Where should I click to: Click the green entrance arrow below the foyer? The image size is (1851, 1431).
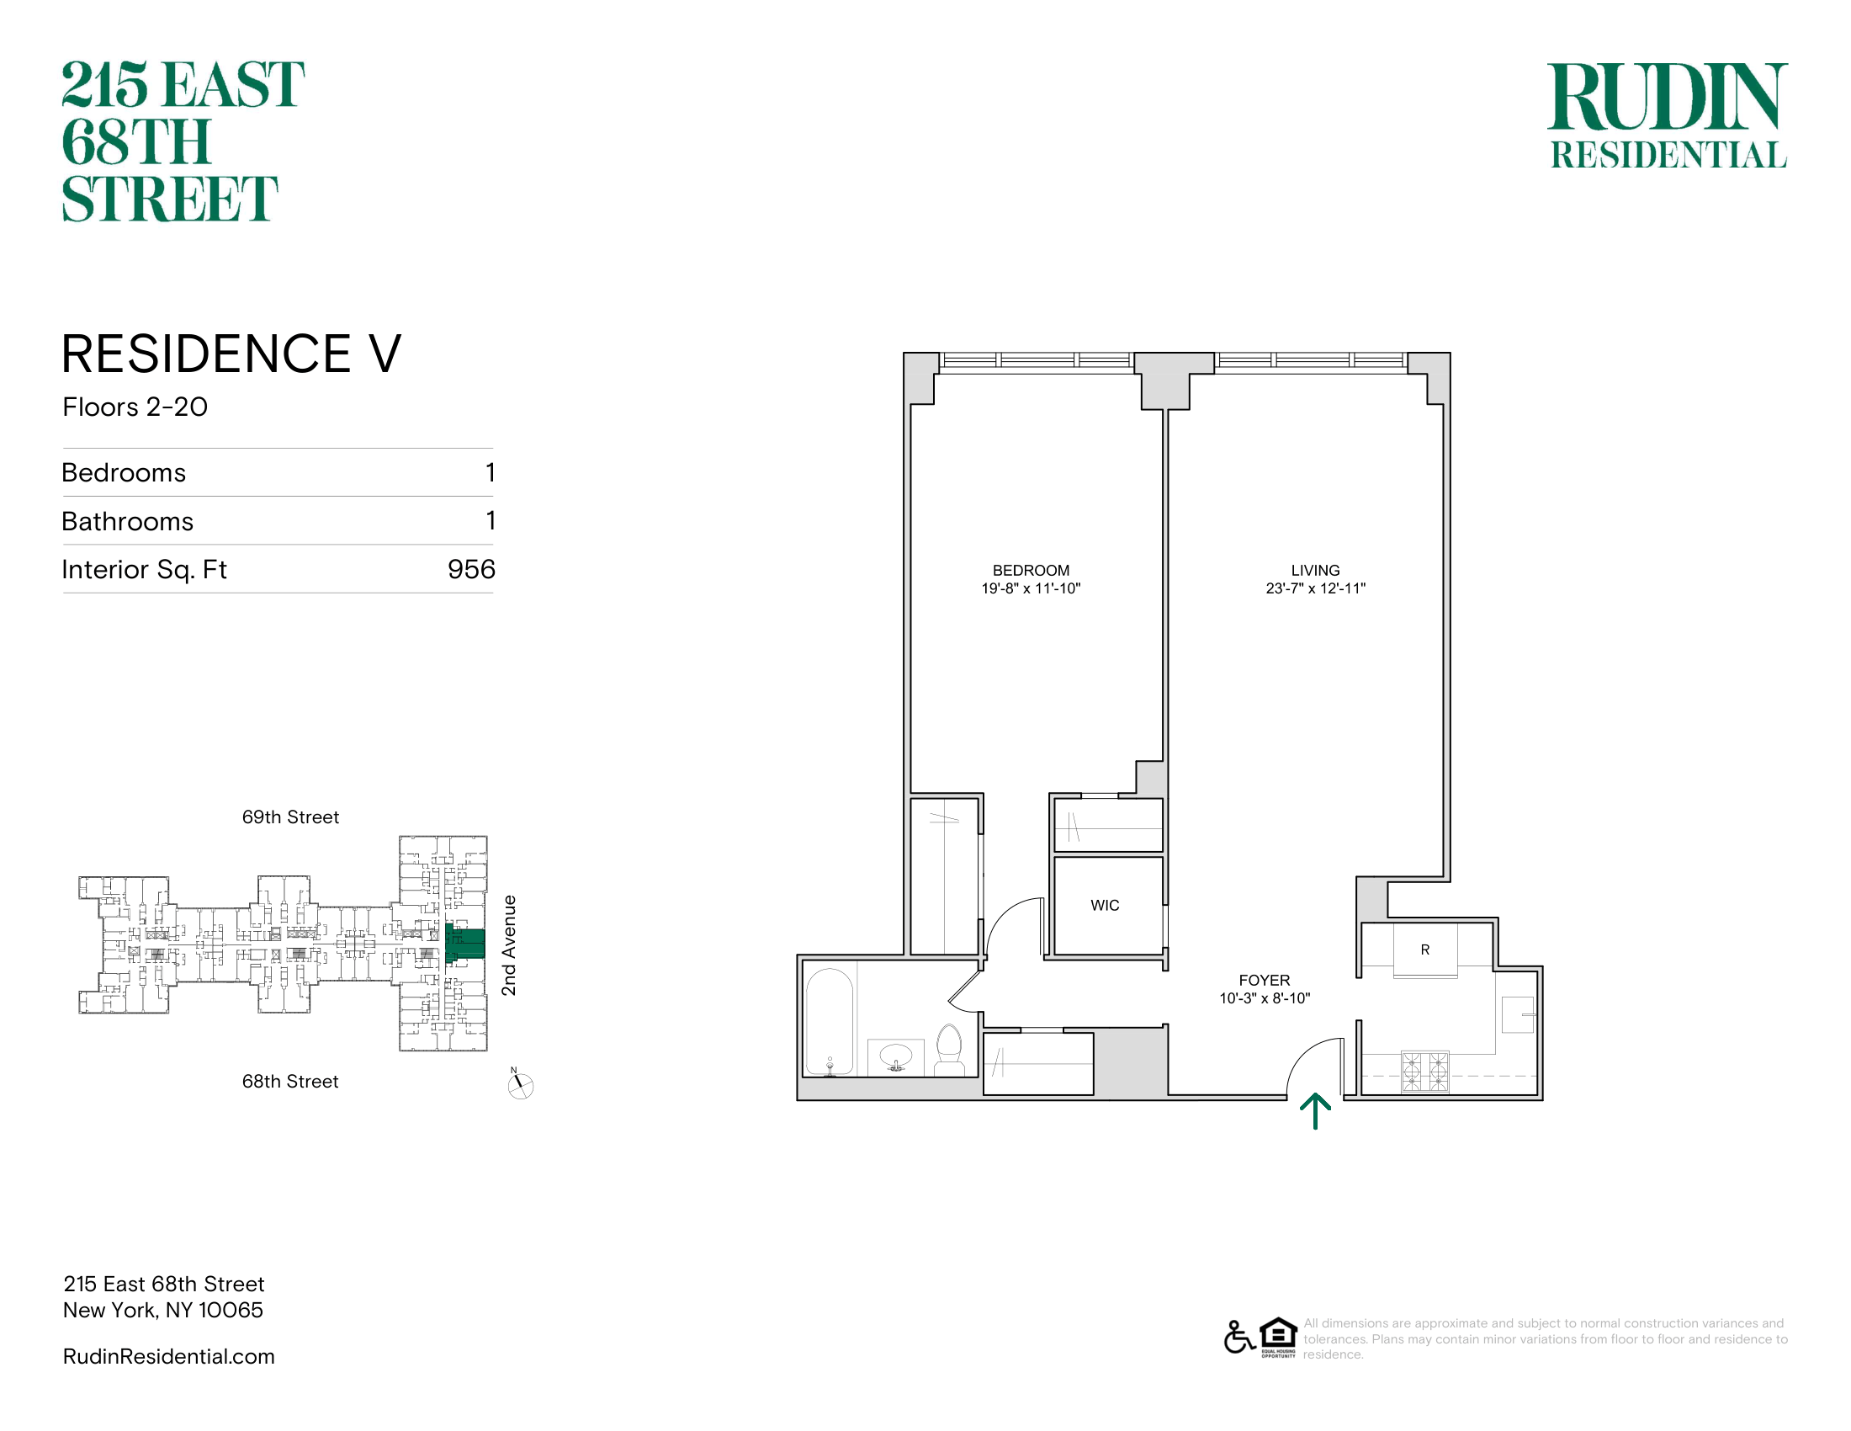pos(1314,1111)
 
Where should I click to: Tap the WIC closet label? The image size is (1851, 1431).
pos(1105,906)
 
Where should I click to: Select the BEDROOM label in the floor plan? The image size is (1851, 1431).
pos(1031,571)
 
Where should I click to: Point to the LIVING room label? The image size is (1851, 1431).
pos(1315,571)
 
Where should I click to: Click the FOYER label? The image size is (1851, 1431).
pos(1264,980)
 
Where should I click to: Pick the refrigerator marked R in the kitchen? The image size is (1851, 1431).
pos(1425,950)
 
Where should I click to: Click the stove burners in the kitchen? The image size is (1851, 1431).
pos(1425,1072)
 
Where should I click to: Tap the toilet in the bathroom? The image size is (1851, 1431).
pos(949,1051)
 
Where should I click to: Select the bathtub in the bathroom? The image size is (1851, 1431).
pos(829,1024)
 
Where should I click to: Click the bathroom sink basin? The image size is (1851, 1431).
pos(896,1057)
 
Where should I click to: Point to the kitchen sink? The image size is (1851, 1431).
pos(1518,1014)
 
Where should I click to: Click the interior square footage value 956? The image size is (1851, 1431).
pos(471,569)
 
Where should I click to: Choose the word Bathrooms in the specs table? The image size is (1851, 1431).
pos(128,521)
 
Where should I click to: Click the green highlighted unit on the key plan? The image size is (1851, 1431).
pos(465,943)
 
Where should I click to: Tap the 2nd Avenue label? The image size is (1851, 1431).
pos(508,945)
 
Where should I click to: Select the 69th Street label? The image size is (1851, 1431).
pos(291,817)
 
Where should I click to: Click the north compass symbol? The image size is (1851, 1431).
pos(520,1084)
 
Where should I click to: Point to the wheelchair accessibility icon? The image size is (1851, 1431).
pos(1239,1337)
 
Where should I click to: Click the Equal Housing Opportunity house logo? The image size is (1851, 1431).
pos(1278,1337)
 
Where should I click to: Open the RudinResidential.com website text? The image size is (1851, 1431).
pos(168,1356)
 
